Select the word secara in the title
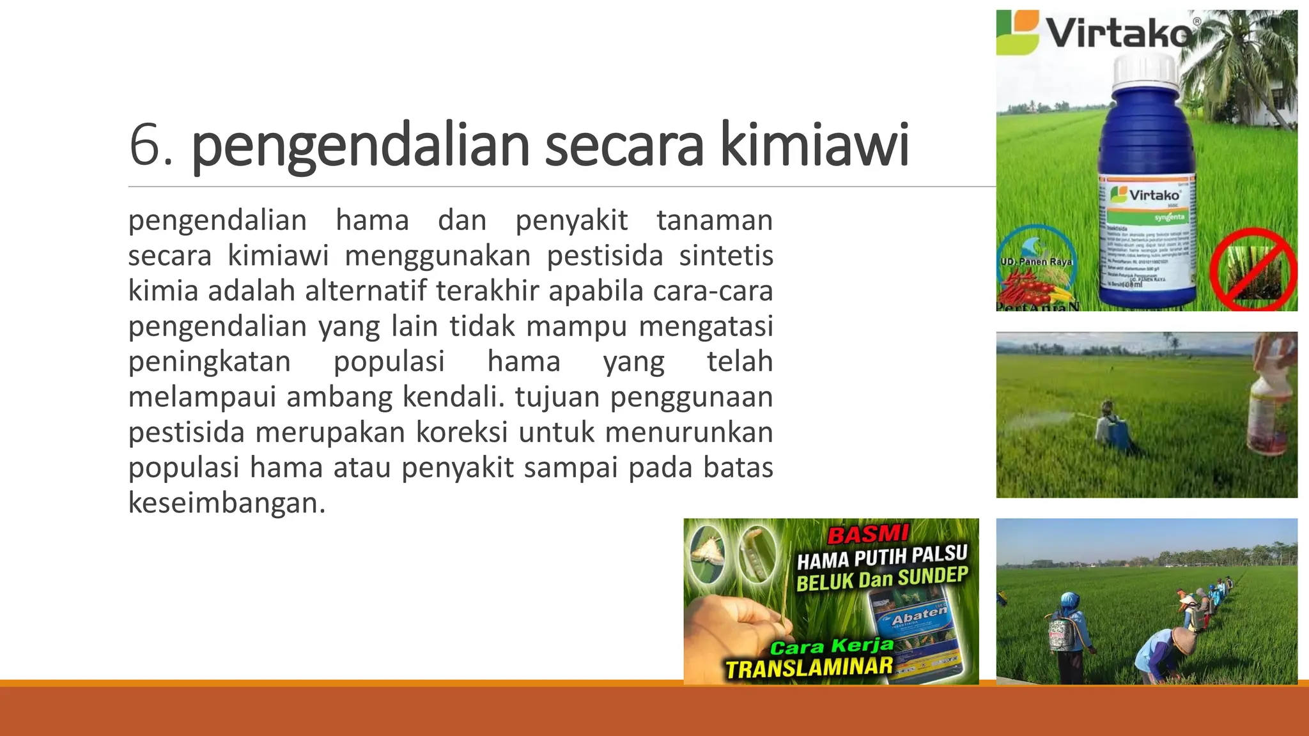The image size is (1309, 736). pos(624,145)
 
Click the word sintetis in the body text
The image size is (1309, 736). pos(726,256)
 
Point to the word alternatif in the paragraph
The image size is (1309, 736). pos(366,291)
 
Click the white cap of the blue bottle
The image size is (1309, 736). pos(1145,72)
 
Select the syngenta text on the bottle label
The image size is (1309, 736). pos(1168,217)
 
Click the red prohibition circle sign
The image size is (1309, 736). pos(1253,270)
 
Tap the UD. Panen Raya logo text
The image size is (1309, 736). pos(1035,261)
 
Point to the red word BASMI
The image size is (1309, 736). pos(868,533)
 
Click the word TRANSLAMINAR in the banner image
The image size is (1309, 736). pos(809,668)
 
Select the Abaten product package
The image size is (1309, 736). pos(918,632)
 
